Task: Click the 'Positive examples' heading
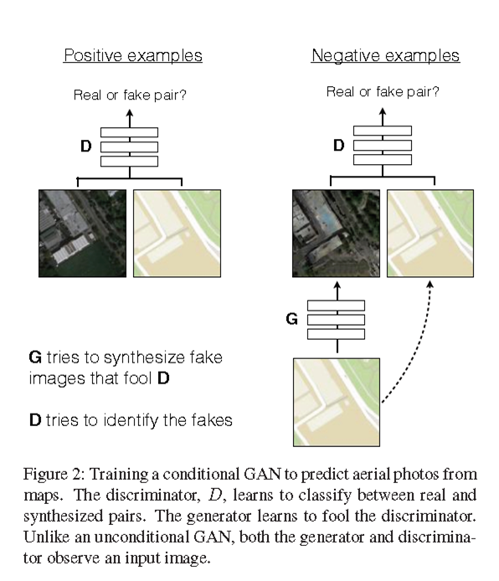coord(133,56)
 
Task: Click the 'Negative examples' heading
coord(385,56)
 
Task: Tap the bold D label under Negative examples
coord(338,145)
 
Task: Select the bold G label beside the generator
coord(291,319)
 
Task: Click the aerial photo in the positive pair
coord(82,233)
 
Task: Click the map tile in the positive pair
coord(177,233)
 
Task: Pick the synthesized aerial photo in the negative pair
coord(335,233)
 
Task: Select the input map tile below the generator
coord(337,402)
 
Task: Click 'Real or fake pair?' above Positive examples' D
coord(130,95)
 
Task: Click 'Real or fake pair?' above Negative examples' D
coord(383,92)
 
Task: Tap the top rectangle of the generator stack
coord(336,305)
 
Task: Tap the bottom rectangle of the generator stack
coord(336,334)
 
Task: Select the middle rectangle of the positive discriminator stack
coord(129,146)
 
